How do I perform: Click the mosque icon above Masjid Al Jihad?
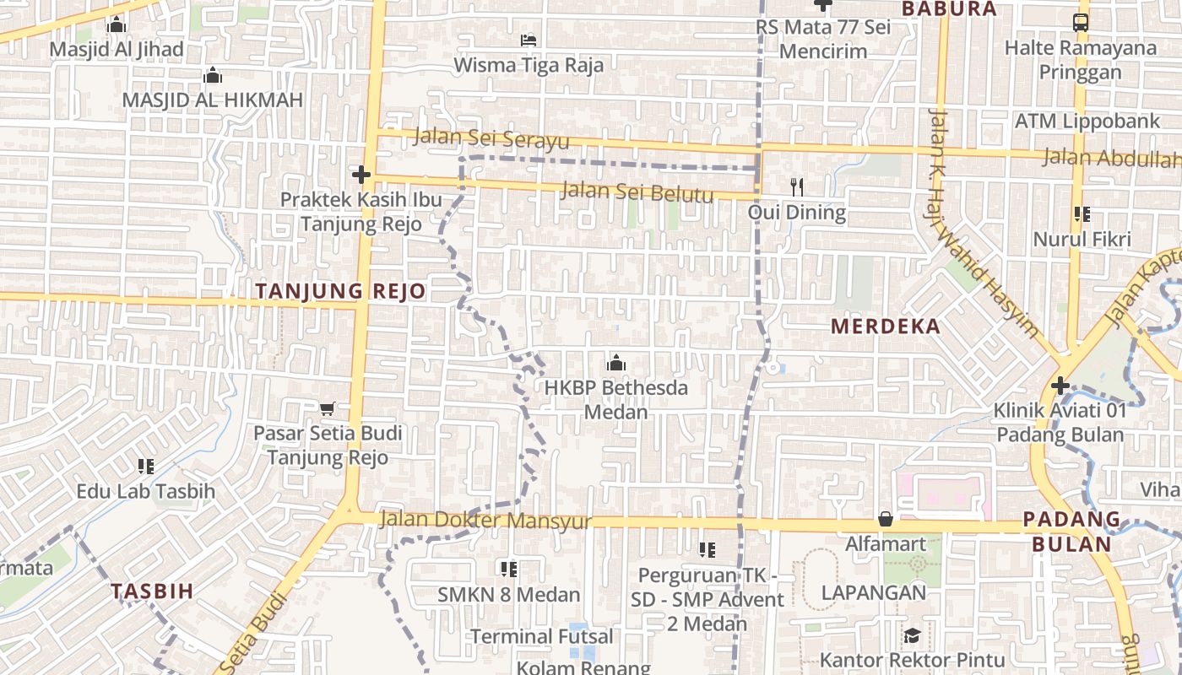tap(117, 25)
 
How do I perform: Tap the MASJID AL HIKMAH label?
tap(212, 100)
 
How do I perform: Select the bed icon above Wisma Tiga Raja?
tap(529, 40)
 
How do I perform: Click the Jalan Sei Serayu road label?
tap(491, 139)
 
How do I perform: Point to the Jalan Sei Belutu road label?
tap(637, 192)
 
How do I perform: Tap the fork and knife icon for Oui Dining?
tap(796, 186)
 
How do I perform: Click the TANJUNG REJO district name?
tap(340, 292)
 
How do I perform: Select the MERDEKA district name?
tap(885, 327)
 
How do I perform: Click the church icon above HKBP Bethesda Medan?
tap(616, 364)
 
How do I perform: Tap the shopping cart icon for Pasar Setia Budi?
tap(328, 408)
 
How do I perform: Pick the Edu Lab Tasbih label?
tap(146, 491)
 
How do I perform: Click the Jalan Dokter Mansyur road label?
tap(485, 520)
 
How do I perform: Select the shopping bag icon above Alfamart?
tap(885, 518)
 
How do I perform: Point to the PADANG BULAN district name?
tap(1071, 532)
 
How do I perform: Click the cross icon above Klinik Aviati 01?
tap(1060, 386)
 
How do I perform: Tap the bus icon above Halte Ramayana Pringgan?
tap(1081, 23)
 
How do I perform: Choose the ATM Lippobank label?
tap(1087, 121)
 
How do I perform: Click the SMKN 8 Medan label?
tap(508, 595)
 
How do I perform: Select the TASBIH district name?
tap(152, 591)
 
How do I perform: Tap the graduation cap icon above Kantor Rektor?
tap(912, 635)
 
